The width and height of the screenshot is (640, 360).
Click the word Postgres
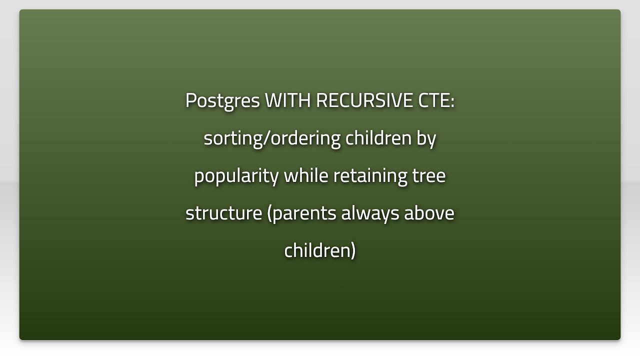click(222, 101)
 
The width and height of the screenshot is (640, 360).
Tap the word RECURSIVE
click(364, 100)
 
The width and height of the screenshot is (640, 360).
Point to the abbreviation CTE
click(433, 100)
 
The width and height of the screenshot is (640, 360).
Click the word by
click(426, 138)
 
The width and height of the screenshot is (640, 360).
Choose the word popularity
click(236, 176)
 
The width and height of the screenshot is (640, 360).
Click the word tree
click(429, 176)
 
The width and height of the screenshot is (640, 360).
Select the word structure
click(223, 213)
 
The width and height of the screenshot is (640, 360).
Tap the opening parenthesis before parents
click(270, 213)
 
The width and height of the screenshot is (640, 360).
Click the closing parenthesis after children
click(353, 250)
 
